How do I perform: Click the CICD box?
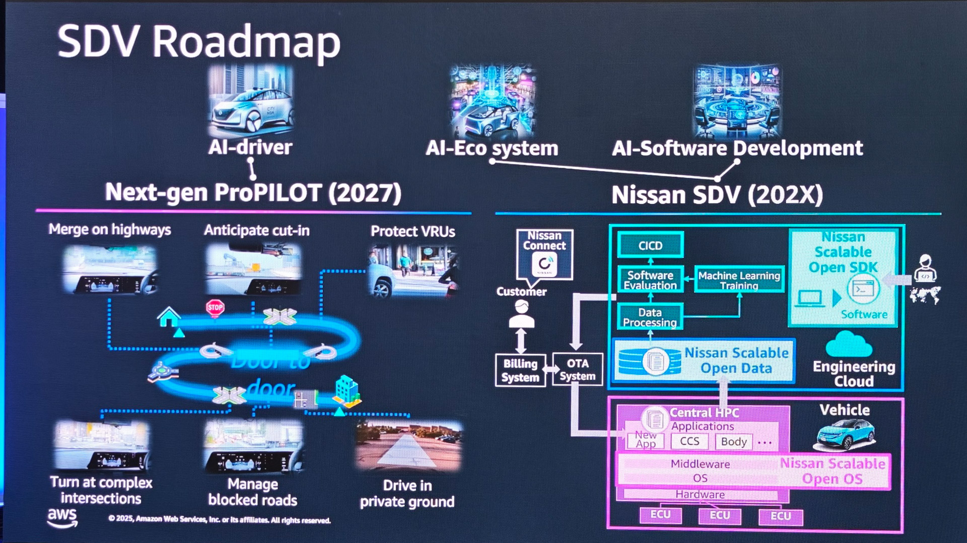click(650, 245)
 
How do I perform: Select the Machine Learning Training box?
click(739, 280)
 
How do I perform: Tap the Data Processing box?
click(650, 317)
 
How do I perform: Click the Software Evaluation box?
click(650, 280)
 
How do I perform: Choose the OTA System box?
click(577, 370)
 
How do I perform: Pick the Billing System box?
click(520, 370)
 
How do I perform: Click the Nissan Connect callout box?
click(544, 254)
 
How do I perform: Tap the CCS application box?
click(689, 441)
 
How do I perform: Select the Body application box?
click(734, 442)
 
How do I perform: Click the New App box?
click(646, 440)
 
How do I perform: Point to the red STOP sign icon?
click(215, 307)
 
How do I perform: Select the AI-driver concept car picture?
click(251, 101)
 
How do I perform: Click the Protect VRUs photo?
click(413, 269)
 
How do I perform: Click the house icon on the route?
click(169, 317)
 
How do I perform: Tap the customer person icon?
click(521, 314)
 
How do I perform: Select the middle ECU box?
click(720, 515)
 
